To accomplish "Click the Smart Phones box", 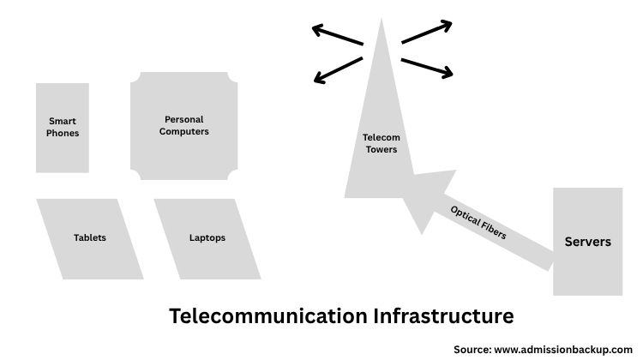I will click(x=63, y=128).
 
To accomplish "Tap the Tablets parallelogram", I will click(x=90, y=238).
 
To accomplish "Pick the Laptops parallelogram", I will click(x=207, y=238).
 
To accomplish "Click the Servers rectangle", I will click(x=587, y=242).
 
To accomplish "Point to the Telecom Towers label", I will click(x=382, y=143).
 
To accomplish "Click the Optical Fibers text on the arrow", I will click(x=478, y=222).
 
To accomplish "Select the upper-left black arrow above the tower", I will click(x=337, y=36).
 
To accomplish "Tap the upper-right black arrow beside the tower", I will click(x=427, y=32).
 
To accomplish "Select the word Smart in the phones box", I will click(x=63, y=122).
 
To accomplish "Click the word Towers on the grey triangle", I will click(x=382, y=150).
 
